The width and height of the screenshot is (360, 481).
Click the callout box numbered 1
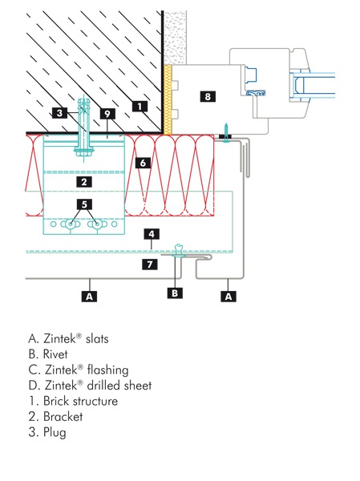pyautogui.click(x=140, y=105)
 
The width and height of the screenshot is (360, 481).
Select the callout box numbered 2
pyautogui.click(x=83, y=182)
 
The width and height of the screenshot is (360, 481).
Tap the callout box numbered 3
pyautogui.click(x=62, y=113)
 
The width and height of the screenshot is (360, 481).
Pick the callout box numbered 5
pyautogui.click(x=83, y=204)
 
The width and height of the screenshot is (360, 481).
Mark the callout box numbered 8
pyautogui.click(x=208, y=96)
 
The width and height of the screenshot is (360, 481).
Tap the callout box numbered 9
pyautogui.click(x=106, y=113)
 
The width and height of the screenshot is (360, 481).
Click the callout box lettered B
pyautogui.click(x=176, y=293)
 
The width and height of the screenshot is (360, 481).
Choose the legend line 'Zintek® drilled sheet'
pyautogui.click(x=89, y=386)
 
